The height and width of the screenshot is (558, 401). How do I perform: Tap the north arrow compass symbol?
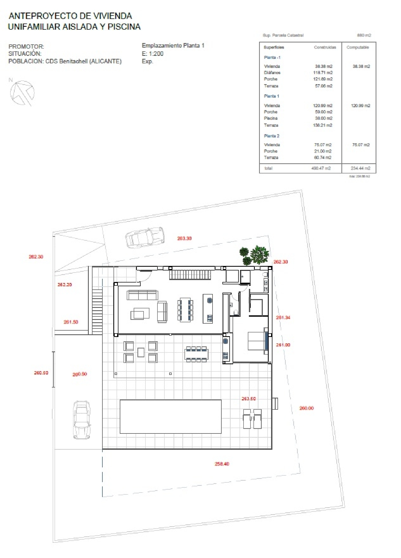[22, 93]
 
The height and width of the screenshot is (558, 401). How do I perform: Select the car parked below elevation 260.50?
[82, 420]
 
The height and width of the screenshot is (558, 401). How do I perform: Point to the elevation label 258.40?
[222, 464]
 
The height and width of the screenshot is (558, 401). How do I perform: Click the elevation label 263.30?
[184, 238]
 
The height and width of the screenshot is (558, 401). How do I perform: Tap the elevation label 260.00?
[306, 408]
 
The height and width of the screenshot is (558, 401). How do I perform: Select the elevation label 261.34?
[283, 317]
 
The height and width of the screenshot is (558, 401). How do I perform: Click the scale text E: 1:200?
[153, 53]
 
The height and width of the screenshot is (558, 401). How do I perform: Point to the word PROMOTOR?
[26, 46]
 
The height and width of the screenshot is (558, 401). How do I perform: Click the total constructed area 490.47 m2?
[321, 168]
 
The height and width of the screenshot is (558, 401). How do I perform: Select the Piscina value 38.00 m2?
[323, 118]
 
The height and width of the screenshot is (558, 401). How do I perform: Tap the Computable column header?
[357, 47]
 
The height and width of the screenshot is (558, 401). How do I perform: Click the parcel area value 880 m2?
[364, 35]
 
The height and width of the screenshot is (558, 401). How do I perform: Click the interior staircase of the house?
[190, 274]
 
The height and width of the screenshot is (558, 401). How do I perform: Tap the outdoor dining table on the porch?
[196, 354]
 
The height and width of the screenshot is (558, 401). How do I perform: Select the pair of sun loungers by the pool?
[252, 419]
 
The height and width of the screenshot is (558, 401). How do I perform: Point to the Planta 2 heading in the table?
[272, 136]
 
